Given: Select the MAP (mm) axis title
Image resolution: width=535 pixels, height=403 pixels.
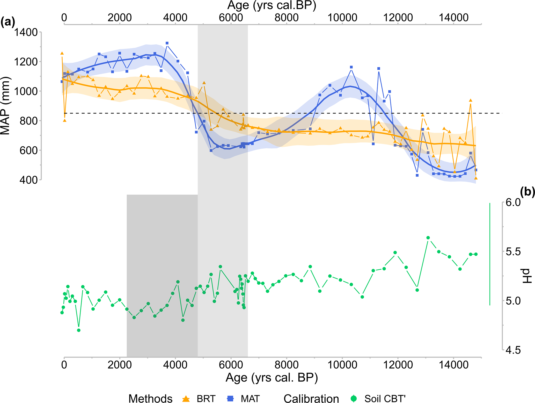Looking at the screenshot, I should coord(5,106).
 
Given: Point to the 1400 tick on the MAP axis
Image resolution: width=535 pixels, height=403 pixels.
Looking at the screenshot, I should coord(26,32).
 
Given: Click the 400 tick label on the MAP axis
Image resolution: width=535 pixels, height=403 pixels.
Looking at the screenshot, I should coord(29,180).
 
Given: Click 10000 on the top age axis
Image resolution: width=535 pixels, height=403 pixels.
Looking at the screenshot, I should coord(342,18).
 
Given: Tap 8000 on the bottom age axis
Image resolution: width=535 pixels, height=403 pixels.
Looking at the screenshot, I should coord(287,365).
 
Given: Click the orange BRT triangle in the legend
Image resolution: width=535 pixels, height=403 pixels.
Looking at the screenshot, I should coord(186,399).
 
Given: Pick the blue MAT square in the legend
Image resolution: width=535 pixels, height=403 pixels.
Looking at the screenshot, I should coord(230,399).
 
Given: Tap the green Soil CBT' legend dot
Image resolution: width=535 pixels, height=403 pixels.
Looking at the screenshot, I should coord(354,399).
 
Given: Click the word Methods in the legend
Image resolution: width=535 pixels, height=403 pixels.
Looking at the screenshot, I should coord(150,399).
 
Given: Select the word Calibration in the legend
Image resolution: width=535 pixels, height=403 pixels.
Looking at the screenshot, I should coord(311,399).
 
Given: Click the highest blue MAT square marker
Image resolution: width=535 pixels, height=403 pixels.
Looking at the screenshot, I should coord(167,43).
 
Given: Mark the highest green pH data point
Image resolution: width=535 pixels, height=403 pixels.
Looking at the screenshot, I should coord(428,238).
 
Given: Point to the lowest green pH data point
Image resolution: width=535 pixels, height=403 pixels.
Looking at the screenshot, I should coord(79,330).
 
